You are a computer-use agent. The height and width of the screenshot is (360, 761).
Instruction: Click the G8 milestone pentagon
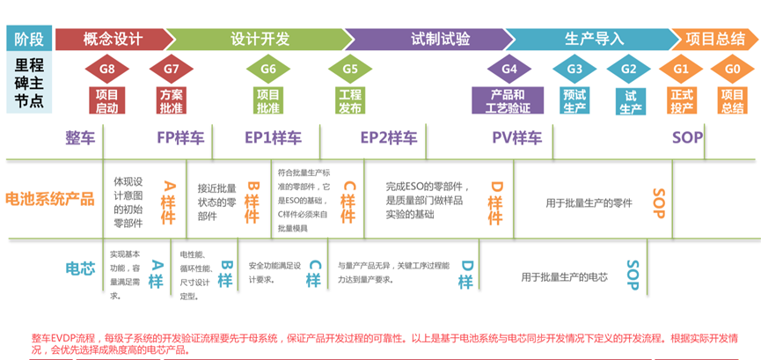pos(106,69)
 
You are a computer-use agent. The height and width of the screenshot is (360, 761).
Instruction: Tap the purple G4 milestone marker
pos(509,69)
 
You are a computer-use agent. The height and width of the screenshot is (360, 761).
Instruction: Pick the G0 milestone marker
pos(732,69)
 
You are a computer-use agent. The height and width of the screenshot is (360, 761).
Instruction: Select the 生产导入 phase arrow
pos(594,39)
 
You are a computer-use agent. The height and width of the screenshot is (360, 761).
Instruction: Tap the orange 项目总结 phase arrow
pos(714,39)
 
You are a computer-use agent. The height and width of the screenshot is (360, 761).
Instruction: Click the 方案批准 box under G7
pos(171,100)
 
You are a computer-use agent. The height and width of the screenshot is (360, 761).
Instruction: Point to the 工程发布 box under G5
pos(349,100)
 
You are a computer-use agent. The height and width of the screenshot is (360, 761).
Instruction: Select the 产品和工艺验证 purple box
pos(508,100)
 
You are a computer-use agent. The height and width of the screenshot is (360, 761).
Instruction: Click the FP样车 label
pos(180,137)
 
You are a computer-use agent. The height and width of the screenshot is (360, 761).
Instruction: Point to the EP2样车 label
pos(389,137)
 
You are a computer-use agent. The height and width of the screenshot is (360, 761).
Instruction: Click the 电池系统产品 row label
pos(50,199)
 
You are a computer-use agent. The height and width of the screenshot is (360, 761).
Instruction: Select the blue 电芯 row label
pos(80,268)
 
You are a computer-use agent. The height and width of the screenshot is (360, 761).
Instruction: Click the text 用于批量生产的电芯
pos(564,276)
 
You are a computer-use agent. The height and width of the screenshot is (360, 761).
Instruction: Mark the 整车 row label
pos(80,137)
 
